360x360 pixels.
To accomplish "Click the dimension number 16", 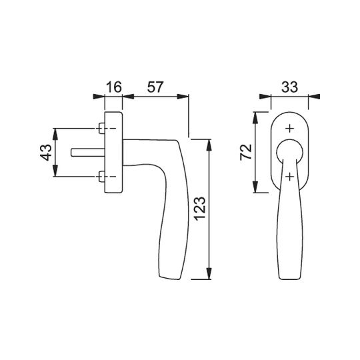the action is (113, 87).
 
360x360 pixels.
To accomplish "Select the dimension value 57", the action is (155, 87).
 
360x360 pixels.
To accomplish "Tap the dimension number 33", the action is (289, 87).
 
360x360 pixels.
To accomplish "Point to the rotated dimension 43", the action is (46, 152).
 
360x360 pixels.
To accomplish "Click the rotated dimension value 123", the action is (200, 209).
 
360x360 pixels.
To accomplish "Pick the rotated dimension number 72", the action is (246, 152).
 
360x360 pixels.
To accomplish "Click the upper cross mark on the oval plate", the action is (290, 129).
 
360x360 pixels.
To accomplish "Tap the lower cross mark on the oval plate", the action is (290, 177).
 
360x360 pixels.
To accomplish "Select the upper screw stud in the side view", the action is (102, 128).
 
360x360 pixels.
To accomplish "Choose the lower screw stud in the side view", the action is (102, 176).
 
